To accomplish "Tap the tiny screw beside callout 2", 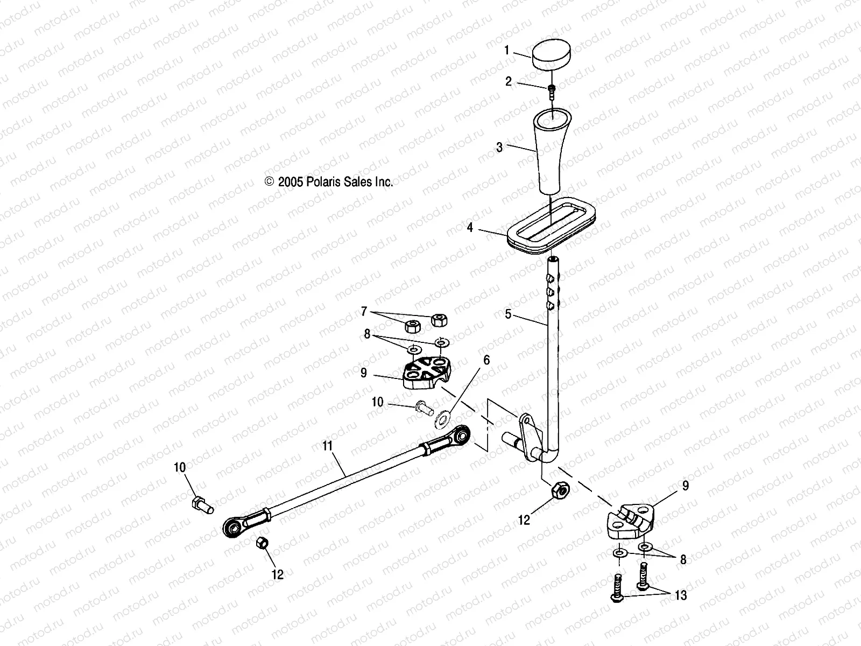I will tap(551, 90).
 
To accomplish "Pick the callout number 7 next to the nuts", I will tap(364, 311).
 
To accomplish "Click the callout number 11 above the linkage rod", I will tap(328, 446).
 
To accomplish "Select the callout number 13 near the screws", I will tap(681, 595).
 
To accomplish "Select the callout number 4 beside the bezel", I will tap(470, 228).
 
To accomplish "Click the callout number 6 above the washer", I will tap(486, 360).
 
